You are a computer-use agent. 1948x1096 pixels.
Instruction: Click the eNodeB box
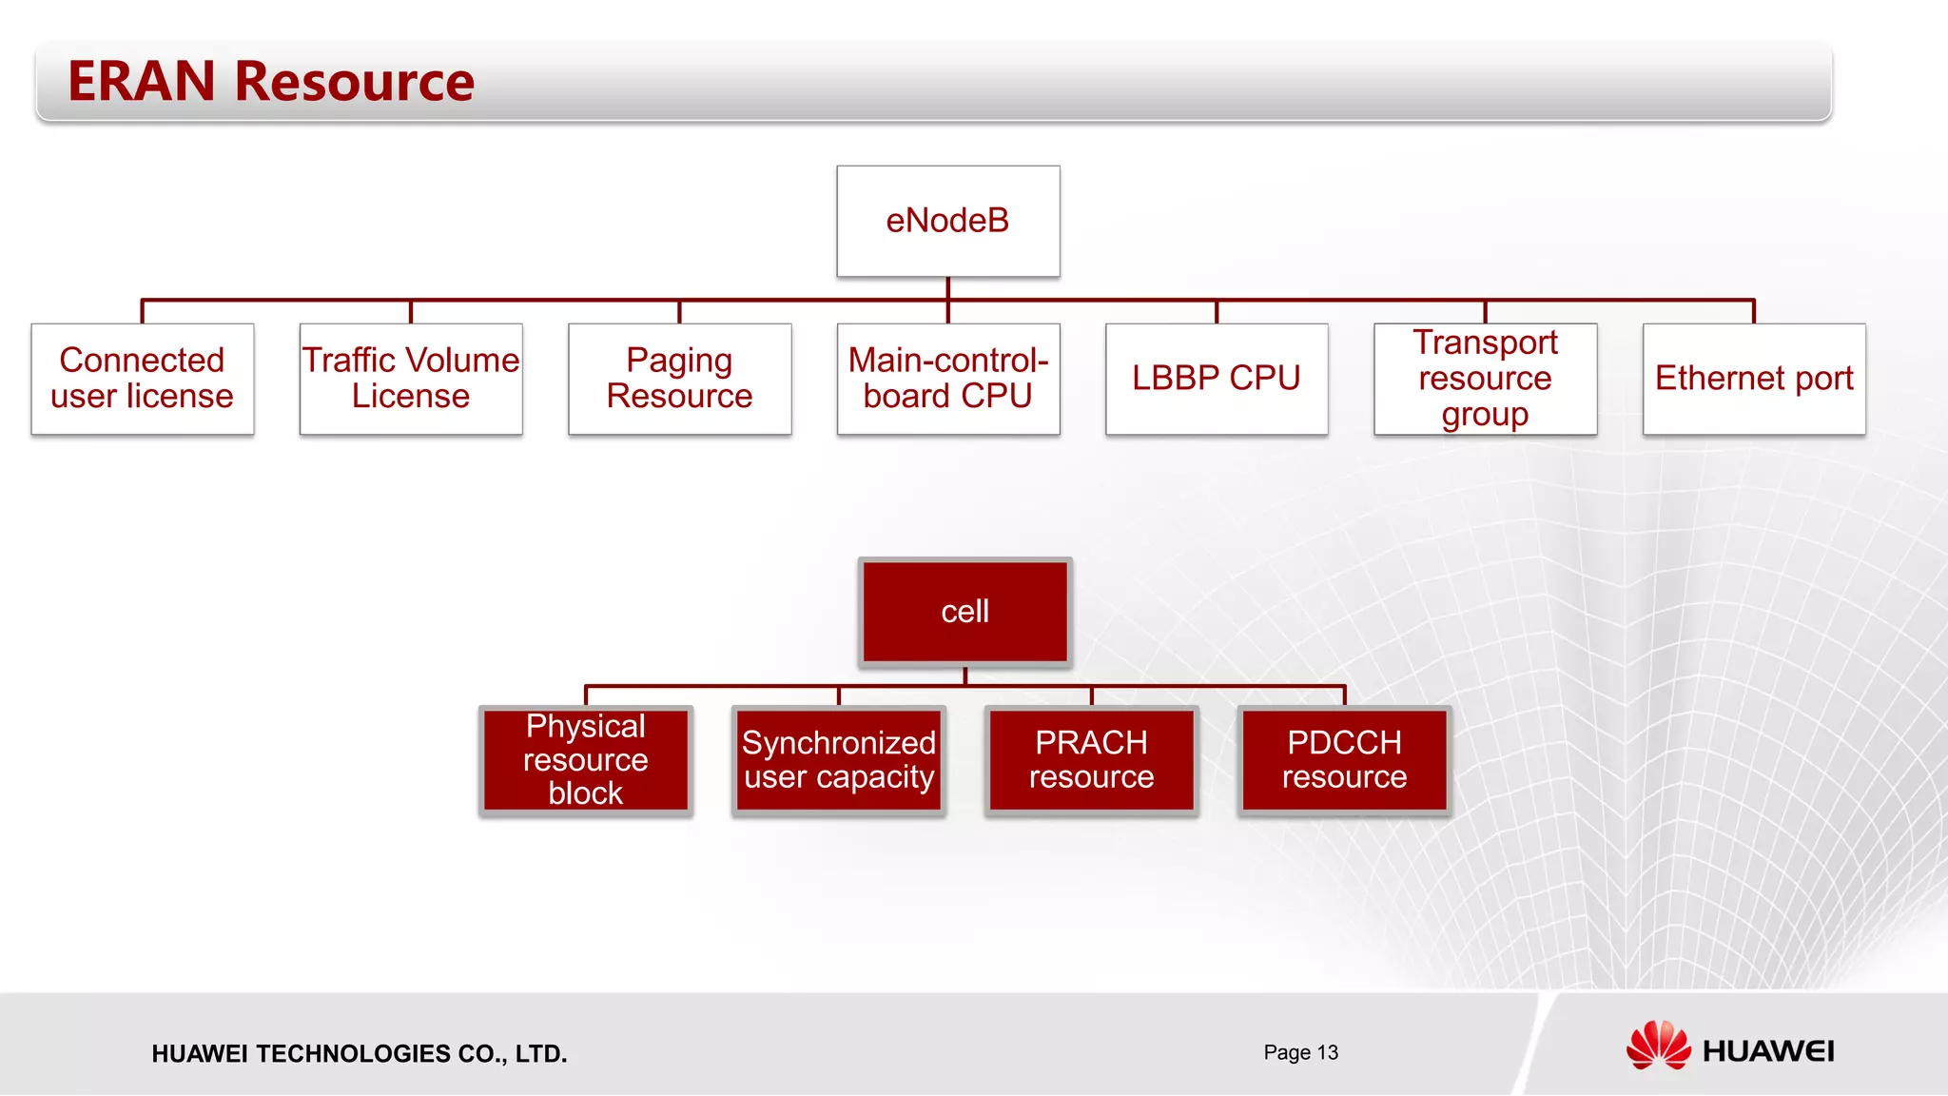[x=947, y=221]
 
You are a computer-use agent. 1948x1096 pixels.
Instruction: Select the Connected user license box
[x=142, y=379]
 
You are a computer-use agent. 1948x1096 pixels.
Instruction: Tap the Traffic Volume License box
[x=411, y=379]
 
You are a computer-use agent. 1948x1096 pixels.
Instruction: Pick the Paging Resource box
[x=679, y=379]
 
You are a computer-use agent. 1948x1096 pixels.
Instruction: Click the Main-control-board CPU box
[x=947, y=379]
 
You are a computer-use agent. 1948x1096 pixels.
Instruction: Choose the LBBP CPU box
[x=1216, y=379]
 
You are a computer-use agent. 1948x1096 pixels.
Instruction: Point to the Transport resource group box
[x=1485, y=379]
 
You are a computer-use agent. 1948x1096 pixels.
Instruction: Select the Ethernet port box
[x=1753, y=379]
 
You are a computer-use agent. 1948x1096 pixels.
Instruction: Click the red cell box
[x=964, y=612]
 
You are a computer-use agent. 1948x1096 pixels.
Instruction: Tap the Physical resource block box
[x=585, y=760]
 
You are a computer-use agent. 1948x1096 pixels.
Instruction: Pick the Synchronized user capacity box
[x=838, y=760]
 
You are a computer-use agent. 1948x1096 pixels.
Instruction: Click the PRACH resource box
[x=1091, y=760]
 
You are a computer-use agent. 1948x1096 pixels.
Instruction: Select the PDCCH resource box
[x=1344, y=760]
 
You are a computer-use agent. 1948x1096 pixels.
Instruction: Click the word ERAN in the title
[x=142, y=82]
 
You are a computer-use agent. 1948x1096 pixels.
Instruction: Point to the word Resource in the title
[x=354, y=82]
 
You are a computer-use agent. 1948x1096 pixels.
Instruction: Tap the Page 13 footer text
[x=1300, y=1052]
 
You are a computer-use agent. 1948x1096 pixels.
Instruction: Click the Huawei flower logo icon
[x=1658, y=1046]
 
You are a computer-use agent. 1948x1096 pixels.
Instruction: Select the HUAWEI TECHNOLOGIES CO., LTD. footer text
[x=359, y=1054]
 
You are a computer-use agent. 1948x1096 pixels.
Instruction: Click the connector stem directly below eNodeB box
[x=947, y=288]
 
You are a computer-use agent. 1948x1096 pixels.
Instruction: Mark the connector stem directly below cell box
[x=964, y=675]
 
